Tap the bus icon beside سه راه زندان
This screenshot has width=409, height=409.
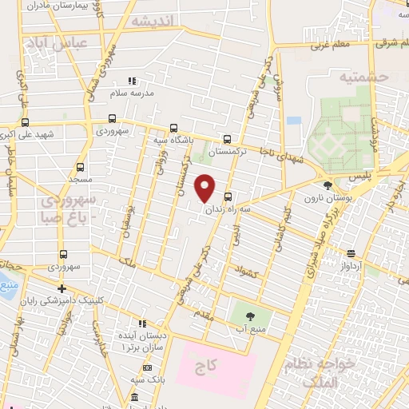pyautogui.click(x=229, y=197)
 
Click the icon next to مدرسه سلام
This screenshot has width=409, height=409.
pyautogui.click(x=133, y=81)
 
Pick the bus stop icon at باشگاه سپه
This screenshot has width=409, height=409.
pyautogui.click(x=174, y=128)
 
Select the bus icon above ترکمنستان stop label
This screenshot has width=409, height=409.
pyautogui.click(x=228, y=137)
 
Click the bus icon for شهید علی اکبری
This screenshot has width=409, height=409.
pyautogui.click(x=26, y=122)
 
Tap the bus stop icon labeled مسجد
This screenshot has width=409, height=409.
pyautogui.click(x=80, y=168)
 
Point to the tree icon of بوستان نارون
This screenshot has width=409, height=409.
pyautogui.click(x=328, y=185)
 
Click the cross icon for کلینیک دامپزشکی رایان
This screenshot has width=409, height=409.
pyautogui.click(x=62, y=288)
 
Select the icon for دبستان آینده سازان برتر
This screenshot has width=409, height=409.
pyautogui.click(x=142, y=324)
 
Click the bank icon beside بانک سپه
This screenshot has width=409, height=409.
pyautogui.click(x=147, y=367)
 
